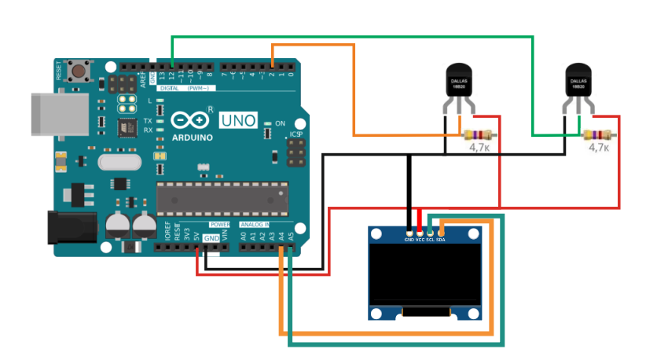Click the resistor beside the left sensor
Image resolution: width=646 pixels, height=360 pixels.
point(478,134)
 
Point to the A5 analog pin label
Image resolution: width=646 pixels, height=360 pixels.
point(291,234)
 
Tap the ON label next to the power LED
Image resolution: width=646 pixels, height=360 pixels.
point(280,123)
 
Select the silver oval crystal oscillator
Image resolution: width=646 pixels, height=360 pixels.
point(119,161)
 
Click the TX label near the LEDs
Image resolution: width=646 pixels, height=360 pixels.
point(147,121)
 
